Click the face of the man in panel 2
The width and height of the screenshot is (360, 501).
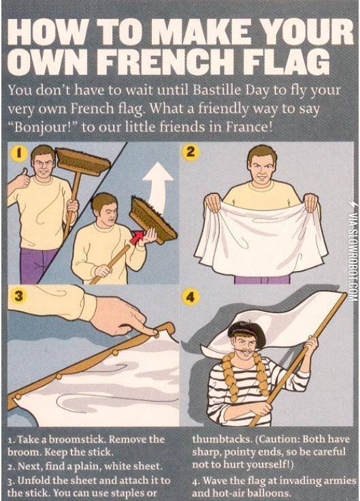(262, 164)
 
